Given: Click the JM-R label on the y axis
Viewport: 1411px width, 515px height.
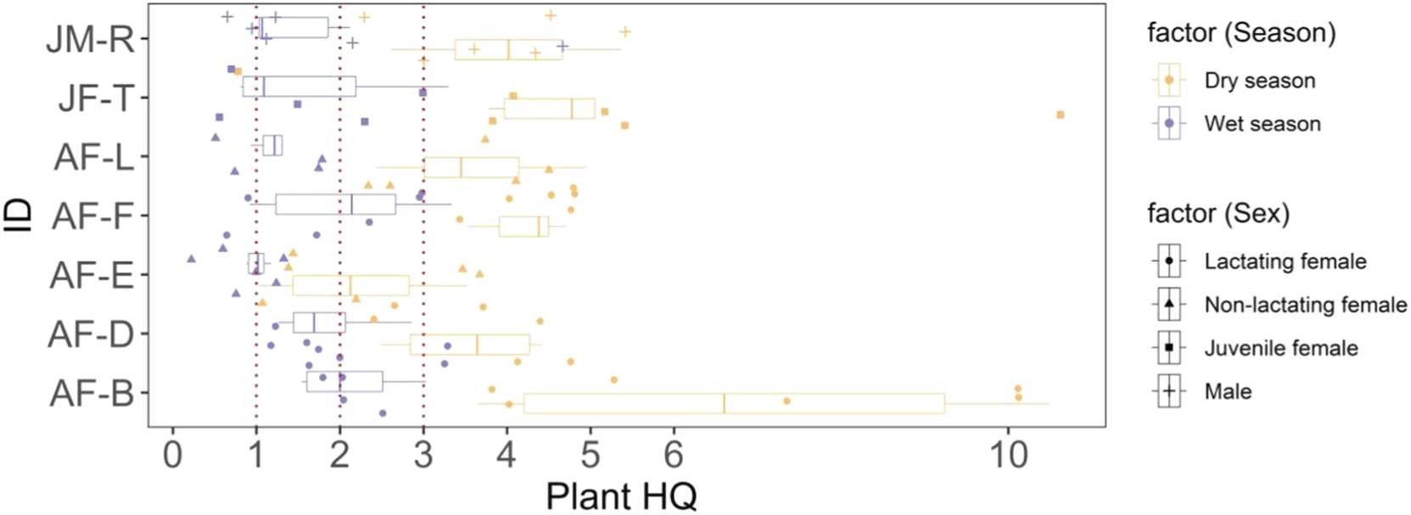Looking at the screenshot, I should (90, 39).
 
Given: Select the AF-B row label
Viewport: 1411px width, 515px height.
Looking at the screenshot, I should (91, 394).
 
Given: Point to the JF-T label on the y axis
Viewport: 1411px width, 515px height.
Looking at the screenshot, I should (96, 98).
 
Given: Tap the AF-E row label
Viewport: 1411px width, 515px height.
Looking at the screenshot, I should (91, 276).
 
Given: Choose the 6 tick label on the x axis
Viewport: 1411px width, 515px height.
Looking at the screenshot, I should (674, 456).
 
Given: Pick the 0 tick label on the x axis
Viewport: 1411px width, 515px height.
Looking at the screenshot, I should (173, 456).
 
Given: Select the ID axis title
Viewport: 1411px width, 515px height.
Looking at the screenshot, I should (19, 216).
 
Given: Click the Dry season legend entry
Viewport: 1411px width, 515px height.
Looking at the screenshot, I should (1259, 81).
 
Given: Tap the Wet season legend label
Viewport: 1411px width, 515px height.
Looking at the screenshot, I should (1262, 124).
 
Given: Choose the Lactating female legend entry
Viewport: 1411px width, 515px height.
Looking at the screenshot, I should (1285, 261).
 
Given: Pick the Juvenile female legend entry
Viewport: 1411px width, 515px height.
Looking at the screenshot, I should (1280, 348).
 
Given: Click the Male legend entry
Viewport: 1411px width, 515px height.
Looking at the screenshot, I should (1227, 391).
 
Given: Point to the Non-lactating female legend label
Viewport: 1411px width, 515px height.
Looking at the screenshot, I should (1305, 305).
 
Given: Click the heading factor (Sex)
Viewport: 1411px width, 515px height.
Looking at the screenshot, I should (1218, 214).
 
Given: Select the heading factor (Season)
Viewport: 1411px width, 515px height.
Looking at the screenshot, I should (1240, 33).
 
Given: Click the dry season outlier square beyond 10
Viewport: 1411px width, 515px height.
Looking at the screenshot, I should (1060, 115).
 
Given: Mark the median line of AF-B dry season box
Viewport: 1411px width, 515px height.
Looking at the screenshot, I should (724, 404).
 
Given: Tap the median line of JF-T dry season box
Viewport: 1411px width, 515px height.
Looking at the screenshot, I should (572, 109).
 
